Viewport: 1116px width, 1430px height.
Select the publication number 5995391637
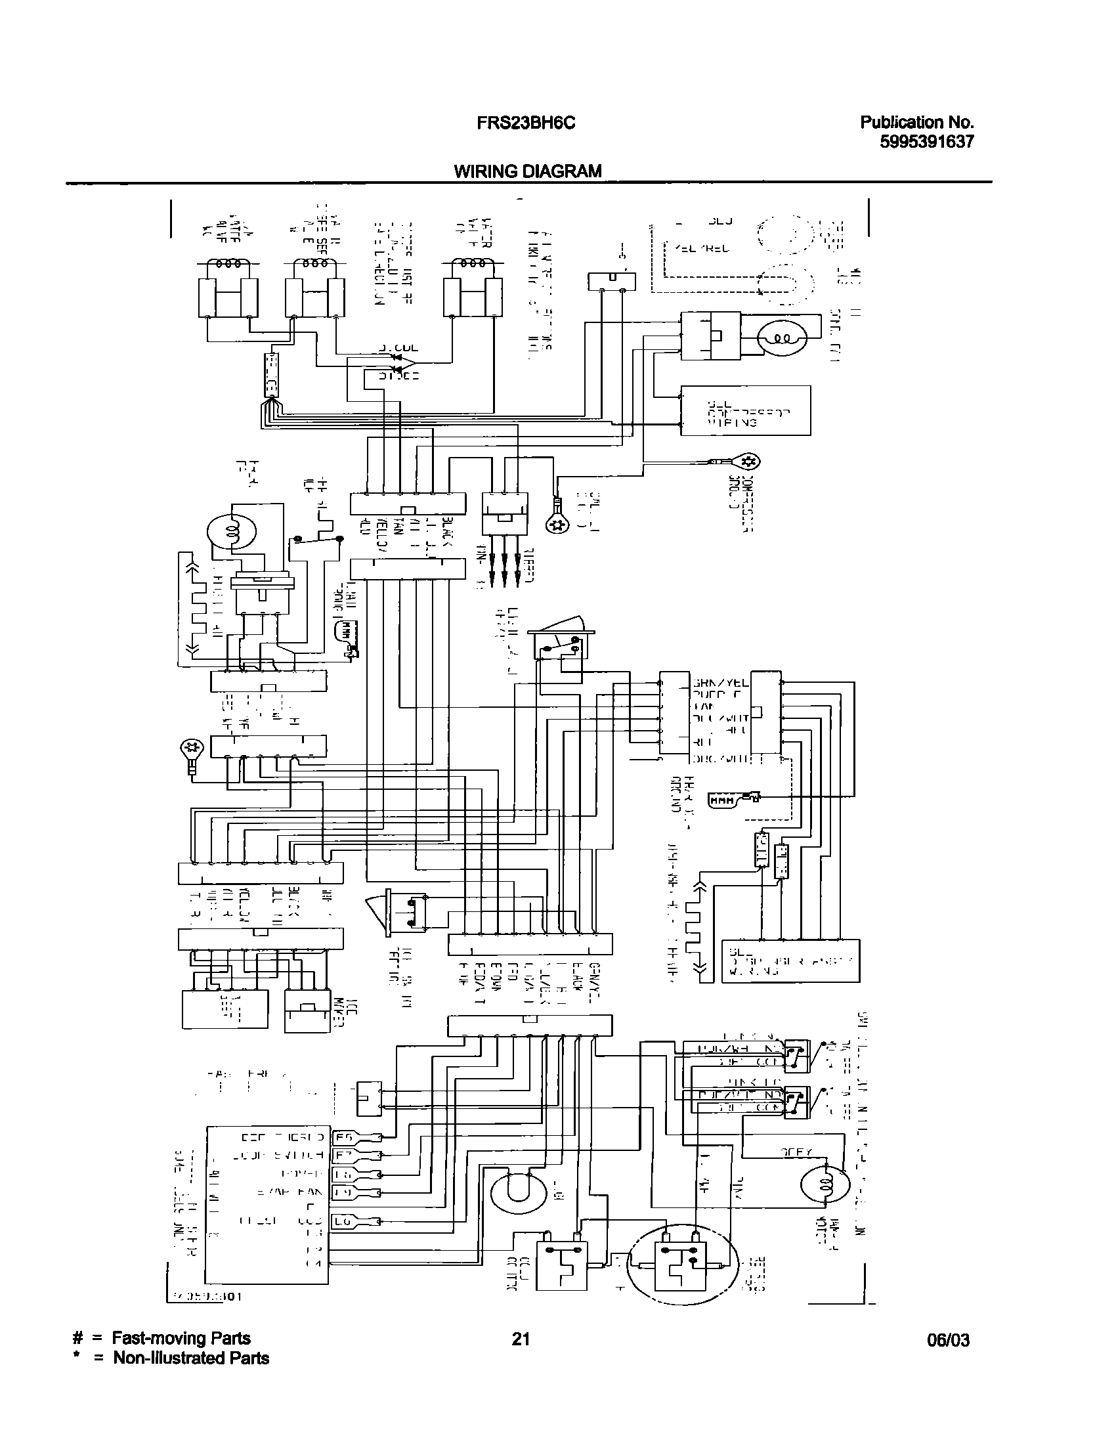click(x=926, y=141)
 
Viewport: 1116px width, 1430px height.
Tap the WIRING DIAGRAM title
click(x=527, y=171)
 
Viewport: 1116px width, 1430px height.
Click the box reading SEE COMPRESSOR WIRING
click(x=745, y=411)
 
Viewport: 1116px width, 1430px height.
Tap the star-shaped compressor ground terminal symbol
click(x=752, y=462)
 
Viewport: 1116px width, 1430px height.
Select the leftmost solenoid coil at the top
click(x=228, y=265)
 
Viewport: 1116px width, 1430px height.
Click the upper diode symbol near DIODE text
click(x=397, y=357)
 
